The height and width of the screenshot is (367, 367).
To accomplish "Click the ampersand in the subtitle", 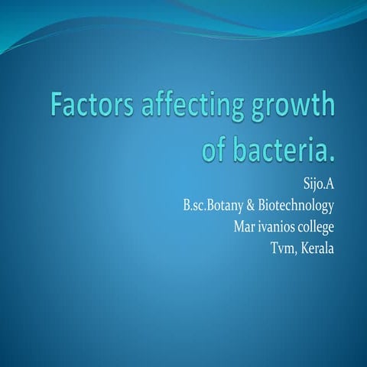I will (252, 206).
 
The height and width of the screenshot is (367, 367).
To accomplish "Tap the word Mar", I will (245, 227).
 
